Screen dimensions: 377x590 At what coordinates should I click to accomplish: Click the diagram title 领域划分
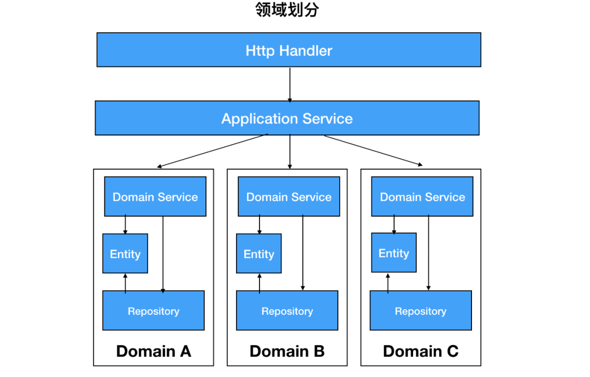click(287, 10)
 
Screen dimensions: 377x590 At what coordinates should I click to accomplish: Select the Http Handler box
click(288, 50)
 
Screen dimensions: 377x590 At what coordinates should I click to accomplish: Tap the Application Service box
click(287, 118)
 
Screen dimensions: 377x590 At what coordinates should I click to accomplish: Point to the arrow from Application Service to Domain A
click(213, 150)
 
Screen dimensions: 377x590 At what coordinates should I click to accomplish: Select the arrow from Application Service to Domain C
click(374, 150)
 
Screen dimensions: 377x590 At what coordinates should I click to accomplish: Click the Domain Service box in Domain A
click(155, 197)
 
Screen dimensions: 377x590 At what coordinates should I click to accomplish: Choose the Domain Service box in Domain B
click(288, 197)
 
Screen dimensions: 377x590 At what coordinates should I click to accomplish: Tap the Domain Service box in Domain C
click(422, 197)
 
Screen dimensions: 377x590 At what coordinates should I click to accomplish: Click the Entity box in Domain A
click(125, 254)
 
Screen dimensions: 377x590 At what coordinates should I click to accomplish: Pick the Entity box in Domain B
click(258, 254)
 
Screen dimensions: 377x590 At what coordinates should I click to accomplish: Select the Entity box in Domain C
click(393, 252)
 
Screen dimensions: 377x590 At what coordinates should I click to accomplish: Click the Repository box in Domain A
click(154, 310)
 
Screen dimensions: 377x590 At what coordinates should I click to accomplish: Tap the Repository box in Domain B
click(287, 310)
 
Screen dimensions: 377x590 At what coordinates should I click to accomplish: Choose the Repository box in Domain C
click(421, 310)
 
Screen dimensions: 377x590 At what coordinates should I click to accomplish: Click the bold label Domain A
click(154, 351)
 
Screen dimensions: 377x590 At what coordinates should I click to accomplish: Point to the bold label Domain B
click(287, 351)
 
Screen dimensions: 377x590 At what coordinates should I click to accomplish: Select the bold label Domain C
click(421, 351)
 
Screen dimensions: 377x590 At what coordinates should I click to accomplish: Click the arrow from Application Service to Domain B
click(290, 152)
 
